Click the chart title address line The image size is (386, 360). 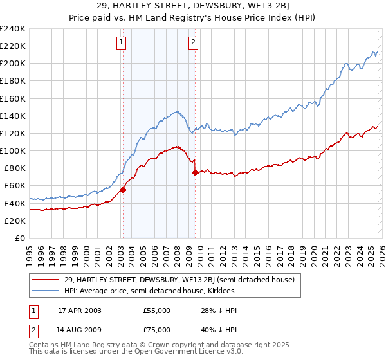pyautogui.click(x=192, y=6)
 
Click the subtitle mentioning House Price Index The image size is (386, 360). pyautogui.click(x=192, y=17)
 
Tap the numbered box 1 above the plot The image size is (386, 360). pyautogui.click(x=122, y=43)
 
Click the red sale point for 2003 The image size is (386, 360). pyautogui.click(x=122, y=190)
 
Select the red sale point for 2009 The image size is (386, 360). pyautogui.click(x=195, y=172)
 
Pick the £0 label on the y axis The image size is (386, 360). pyautogui.click(x=19, y=238)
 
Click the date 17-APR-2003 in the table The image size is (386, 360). pyautogui.click(x=80, y=310)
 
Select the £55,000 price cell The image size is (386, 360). pyautogui.click(x=157, y=310)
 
